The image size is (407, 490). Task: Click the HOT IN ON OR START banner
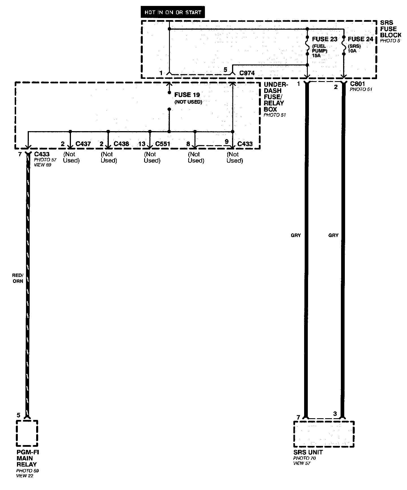click(x=173, y=12)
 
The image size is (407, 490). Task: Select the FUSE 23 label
click(x=324, y=39)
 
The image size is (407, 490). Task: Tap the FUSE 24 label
click(x=360, y=39)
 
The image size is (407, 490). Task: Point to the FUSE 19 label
click(x=187, y=95)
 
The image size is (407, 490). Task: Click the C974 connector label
click(x=247, y=73)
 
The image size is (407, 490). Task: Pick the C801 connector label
click(x=357, y=84)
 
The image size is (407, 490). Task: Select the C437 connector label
click(x=83, y=144)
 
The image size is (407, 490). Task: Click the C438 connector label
click(x=121, y=144)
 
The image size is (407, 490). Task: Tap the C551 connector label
click(x=163, y=144)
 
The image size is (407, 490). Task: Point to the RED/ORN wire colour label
click(x=18, y=278)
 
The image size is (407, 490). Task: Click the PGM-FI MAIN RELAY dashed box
click(x=27, y=433)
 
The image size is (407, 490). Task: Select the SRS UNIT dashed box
click(x=324, y=434)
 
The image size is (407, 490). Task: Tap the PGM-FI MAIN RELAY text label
click(x=27, y=458)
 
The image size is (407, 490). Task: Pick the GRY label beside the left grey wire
click(x=296, y=235)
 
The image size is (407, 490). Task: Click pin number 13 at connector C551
click(x=142, y=144)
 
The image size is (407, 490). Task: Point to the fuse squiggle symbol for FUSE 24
click(x=344, y=45)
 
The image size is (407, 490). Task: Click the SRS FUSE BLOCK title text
click(x=390, y=29)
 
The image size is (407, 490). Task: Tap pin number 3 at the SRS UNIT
click(x=335, y=414)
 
